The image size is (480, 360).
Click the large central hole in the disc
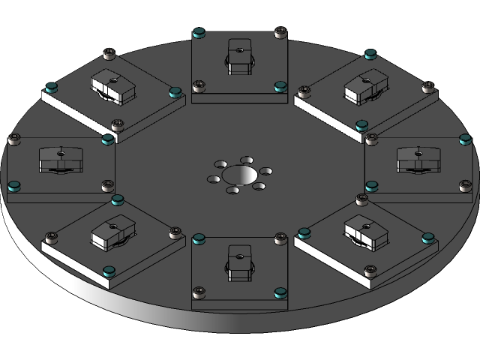(x=238, y=175)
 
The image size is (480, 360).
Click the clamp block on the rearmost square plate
(x=239, y=56)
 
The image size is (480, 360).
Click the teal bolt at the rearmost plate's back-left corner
(x=199, y=32)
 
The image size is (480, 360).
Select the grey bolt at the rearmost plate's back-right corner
(x=280, y=32)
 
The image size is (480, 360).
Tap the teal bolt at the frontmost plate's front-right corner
(x=280, y=291)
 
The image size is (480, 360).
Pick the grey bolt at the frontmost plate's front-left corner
(x=199, y=290)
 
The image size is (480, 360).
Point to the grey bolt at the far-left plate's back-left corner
(x=13, y=139)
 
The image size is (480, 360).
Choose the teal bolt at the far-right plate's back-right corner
(x=465, y=139)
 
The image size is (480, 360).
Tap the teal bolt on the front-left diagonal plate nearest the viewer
(x=109, y=272)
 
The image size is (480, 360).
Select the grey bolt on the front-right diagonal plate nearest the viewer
(x=369, y=271)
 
